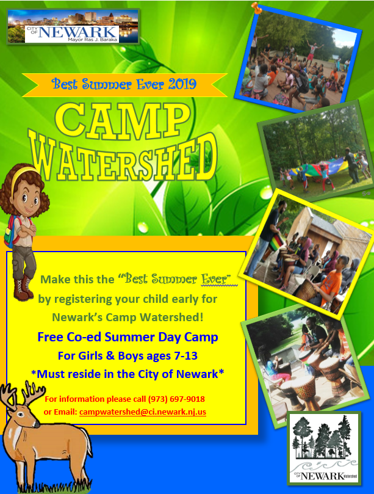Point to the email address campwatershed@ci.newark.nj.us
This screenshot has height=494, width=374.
143,412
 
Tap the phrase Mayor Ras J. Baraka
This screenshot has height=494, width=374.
92,37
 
